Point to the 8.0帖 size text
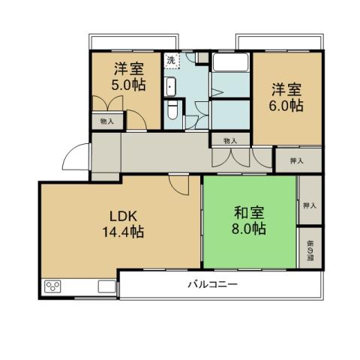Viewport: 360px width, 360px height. (x=248, y=229)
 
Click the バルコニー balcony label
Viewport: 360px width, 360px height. (x=212, y=285)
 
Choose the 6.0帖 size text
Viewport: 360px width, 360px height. (x=287, y=106)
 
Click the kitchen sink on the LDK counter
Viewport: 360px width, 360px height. (x=105, y=286)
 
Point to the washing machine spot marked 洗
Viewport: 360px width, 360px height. (x=171, y=60)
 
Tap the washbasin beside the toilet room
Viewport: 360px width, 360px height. (x=170, y=86)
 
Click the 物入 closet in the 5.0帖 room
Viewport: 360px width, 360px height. (x=106, y=121)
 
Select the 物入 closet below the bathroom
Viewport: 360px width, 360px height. (x=230, y=139)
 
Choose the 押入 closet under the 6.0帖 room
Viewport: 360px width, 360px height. (x=297, y=160)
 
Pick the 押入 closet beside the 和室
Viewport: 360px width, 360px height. (x=309, y=205)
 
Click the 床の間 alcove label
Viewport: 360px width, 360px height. (x=309, y=247)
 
